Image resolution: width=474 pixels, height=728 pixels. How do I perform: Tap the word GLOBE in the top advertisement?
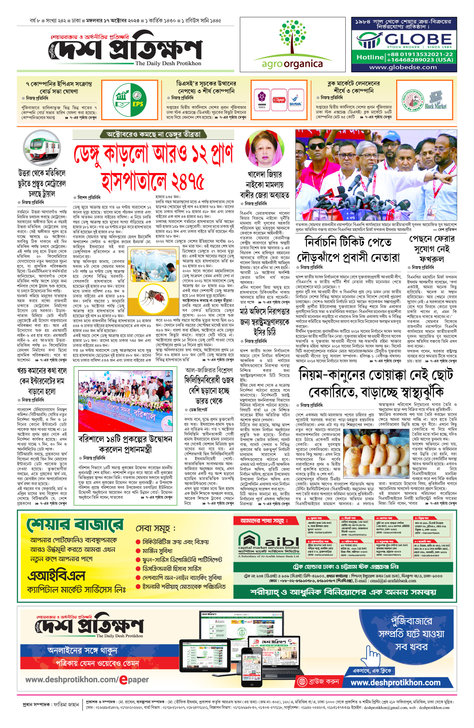coord(418,40)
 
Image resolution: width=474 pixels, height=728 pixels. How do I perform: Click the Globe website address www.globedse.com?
coord(403,67)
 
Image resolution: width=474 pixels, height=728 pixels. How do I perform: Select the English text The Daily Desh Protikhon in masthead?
coord(168,63)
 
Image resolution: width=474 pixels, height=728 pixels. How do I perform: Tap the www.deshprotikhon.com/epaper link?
coord(87,680)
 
